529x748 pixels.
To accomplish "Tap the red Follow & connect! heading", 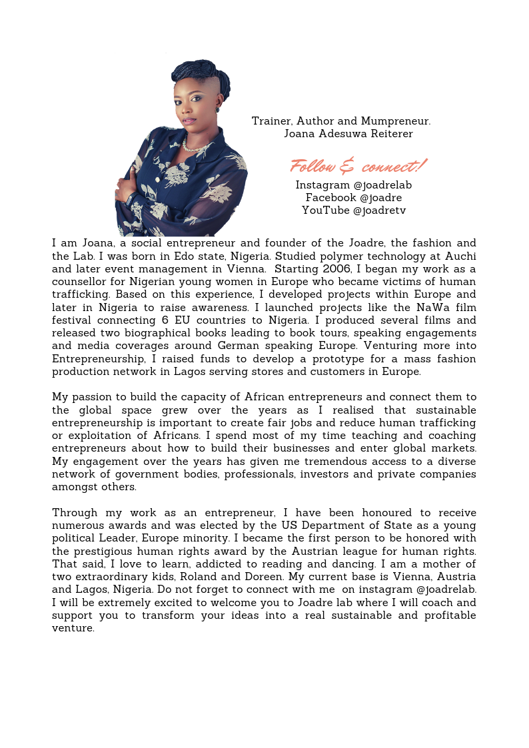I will point(358,166).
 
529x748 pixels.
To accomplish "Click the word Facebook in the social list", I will point(330,198).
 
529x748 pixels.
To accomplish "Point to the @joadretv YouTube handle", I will point(379,210).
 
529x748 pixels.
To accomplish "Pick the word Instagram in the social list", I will point(322,185).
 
